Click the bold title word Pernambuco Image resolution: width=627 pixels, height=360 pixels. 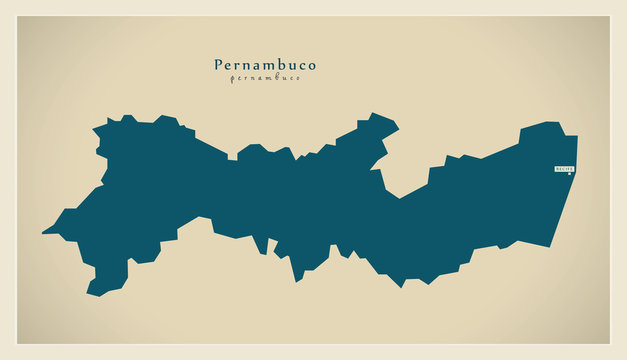coord(265,65)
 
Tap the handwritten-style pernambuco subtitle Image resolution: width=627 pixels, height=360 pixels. coord(265,78)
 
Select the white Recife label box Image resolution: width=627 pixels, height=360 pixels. coord(565,169)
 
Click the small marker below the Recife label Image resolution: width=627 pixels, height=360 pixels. coord(570,176)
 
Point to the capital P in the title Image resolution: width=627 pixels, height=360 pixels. coord(219,65)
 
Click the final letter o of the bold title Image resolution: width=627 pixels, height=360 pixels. coord(311,66)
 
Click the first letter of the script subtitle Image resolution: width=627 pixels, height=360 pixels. coord(232,79)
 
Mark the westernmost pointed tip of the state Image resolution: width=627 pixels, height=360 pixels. coord(43,233)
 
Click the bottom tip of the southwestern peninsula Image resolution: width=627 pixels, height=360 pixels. coord(91,293)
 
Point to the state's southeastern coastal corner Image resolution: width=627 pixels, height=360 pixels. coord(549,246)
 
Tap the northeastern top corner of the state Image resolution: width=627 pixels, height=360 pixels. coord(576,136)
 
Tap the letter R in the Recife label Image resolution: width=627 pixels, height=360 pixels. coord(558,169)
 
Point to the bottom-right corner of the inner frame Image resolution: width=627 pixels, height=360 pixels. coord(609,344)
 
